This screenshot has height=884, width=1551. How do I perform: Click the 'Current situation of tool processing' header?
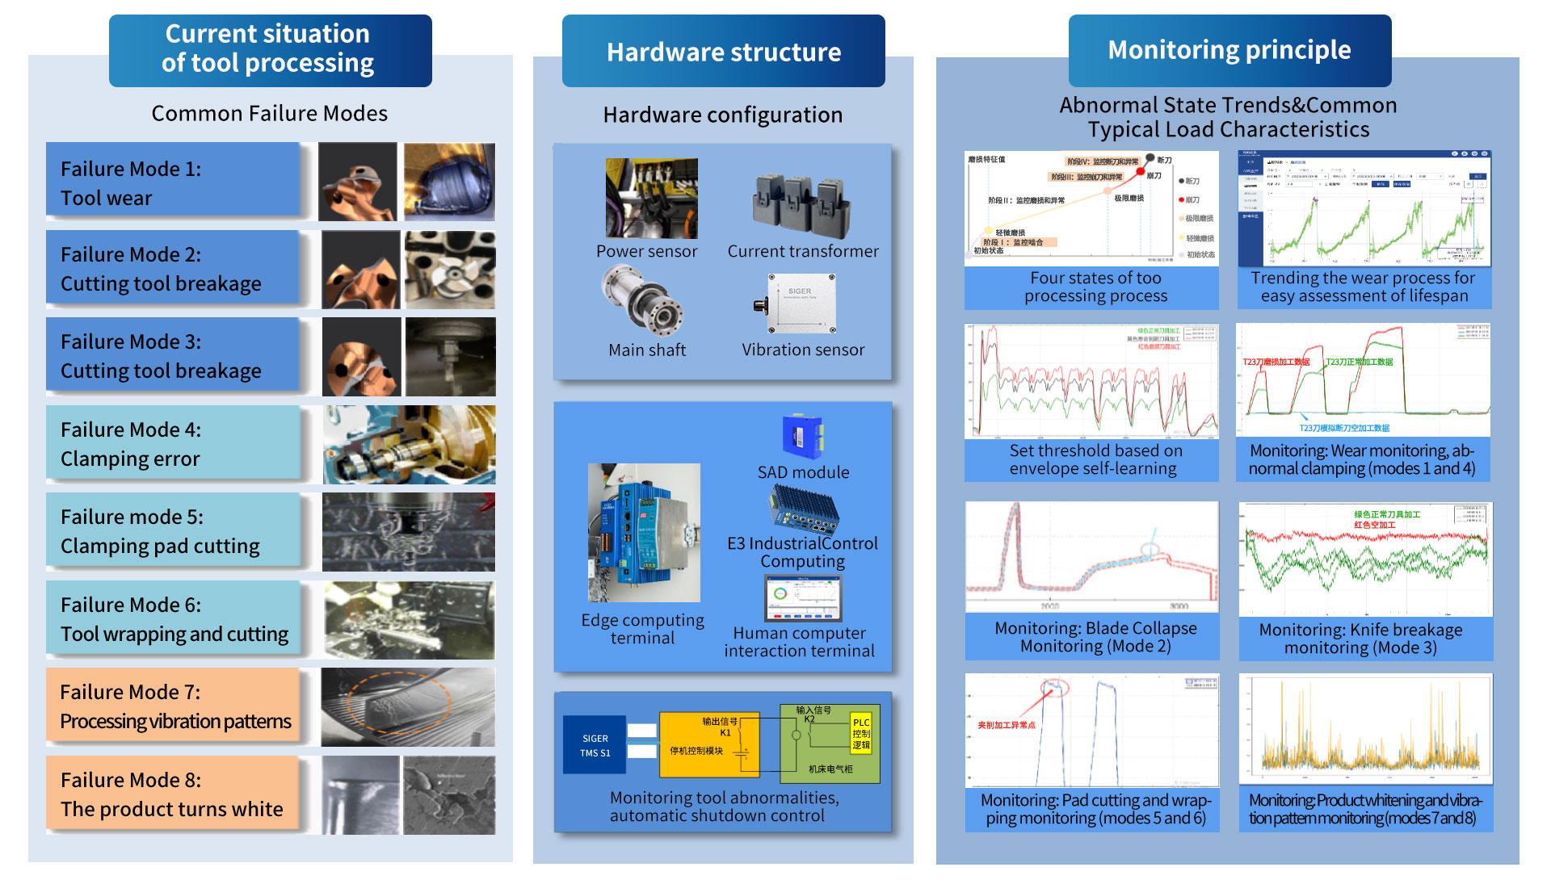click(x=270, y=50)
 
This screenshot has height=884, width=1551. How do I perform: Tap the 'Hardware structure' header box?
click(x=723, y=52)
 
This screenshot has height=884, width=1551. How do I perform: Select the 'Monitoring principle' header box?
click(x=1229, y=50)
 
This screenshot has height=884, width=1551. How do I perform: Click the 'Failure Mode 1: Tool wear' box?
click(x=173, y=182)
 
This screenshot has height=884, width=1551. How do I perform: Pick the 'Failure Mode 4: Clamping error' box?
click(x=173, y=443)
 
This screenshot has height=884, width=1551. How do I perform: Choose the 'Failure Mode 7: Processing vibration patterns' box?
click(x=173, y=706)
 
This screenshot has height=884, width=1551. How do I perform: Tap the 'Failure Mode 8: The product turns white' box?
click(x=173, y=794)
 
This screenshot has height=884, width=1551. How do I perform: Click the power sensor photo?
click(x=651, y=198)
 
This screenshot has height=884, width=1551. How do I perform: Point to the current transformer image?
click(x=801, y=202)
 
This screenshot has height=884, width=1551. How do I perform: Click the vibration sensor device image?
click(x=800, y=304)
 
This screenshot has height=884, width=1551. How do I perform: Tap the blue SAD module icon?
click(x=802, y=437)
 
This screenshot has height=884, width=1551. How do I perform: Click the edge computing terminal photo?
click(x=644, y=532)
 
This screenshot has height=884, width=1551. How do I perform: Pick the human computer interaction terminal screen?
click(x=803, y=598)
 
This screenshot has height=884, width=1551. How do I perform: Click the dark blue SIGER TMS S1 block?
click(x=595, y=744)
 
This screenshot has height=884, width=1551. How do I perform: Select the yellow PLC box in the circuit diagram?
click(x=861, y=733)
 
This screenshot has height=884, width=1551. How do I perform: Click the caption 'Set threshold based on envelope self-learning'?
click(x=1092, y=459)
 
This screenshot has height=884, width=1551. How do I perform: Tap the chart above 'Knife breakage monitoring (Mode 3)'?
click(x=1365, y=559)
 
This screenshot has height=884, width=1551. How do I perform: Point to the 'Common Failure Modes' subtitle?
click(x=270, y=114)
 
